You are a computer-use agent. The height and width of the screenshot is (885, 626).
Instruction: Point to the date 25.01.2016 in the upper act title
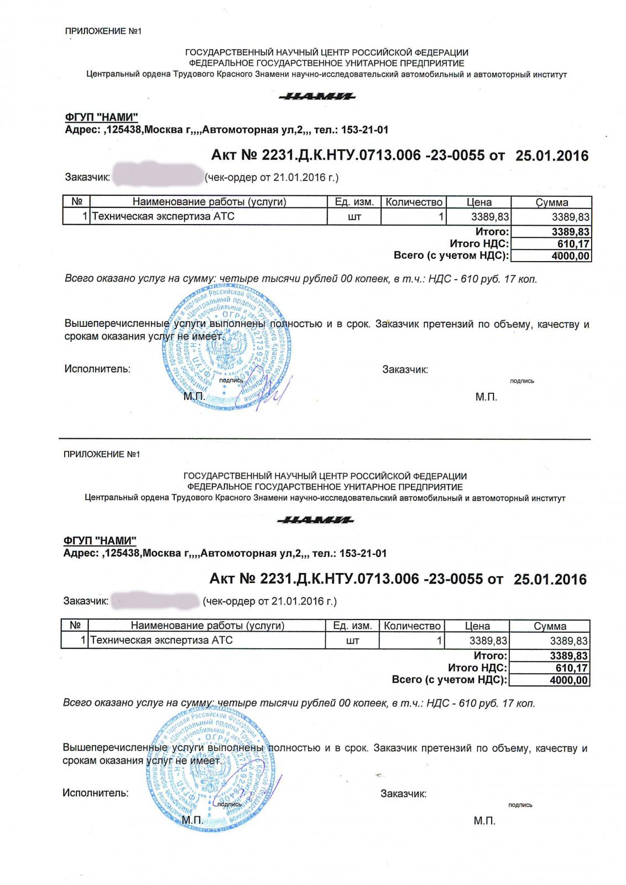click(x=552, y=155)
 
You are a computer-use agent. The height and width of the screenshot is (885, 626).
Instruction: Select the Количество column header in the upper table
click(x=414, y=202)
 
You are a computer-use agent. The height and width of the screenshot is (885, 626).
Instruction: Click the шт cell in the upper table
click(x=354, y=217)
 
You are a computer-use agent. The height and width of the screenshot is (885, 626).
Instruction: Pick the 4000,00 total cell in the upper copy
click(x=570, y=256)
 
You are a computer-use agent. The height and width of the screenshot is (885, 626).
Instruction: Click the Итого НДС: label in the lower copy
click(x=477, y=668)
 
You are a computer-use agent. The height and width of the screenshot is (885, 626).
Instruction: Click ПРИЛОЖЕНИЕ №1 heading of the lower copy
click(x=102, y=454)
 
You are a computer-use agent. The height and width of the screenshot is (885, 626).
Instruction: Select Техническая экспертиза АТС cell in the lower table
click(x=161, y=641)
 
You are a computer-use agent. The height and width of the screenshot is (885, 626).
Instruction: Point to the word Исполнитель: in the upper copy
click(x=97, y=369)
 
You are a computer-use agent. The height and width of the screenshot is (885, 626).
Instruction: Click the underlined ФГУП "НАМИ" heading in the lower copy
click(x=100, y=540)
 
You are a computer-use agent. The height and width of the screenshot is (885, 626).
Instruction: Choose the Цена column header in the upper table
click(x=479, y=202)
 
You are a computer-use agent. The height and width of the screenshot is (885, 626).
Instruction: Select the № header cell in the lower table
click(x=75, y=626)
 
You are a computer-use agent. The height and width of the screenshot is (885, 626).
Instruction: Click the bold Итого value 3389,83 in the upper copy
click(x=570, y=232)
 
